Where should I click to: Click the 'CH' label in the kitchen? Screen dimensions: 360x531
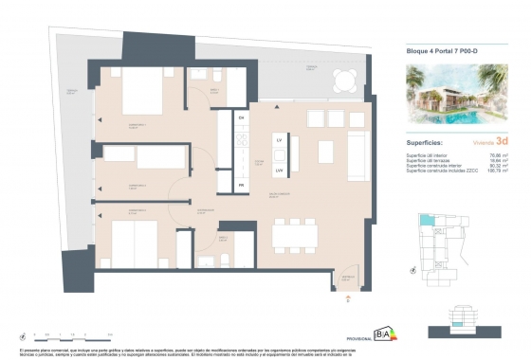click(x=242, y=117)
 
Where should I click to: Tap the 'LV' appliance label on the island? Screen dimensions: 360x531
click(x=279, y=140)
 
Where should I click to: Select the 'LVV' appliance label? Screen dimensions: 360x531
click(x=279, y=170)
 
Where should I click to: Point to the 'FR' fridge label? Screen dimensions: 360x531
click(x=242, y=185)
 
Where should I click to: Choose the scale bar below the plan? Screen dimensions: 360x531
click(x=71, y=334)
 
